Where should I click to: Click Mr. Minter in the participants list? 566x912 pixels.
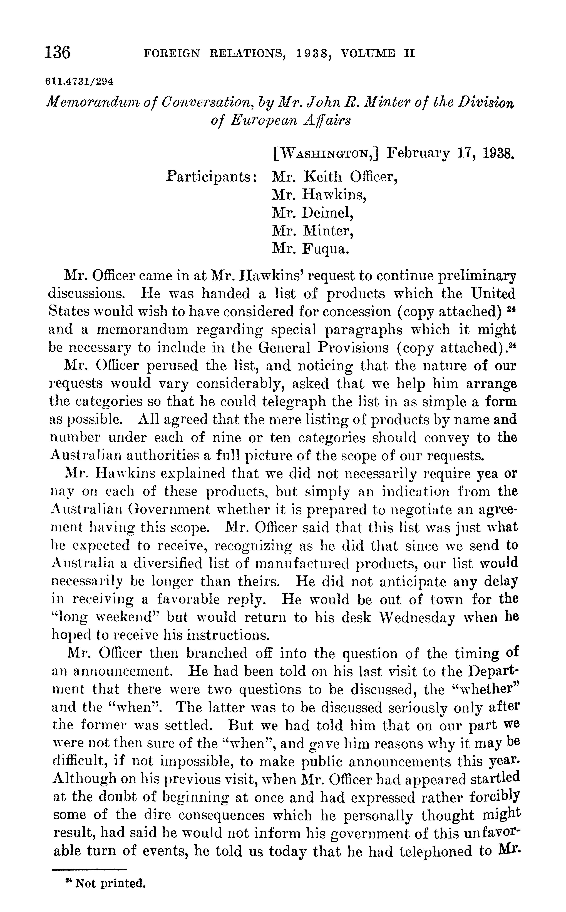coord(313,231)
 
